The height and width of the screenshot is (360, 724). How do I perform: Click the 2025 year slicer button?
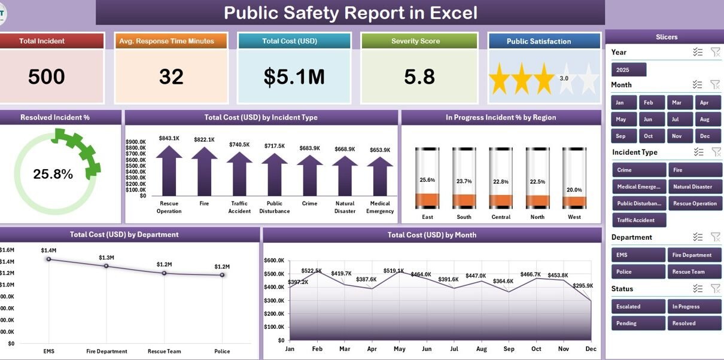tap(629, 69)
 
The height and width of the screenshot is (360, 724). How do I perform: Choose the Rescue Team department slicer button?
tap(694, 271)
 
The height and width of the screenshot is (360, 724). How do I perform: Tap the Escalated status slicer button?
tap(638, 306)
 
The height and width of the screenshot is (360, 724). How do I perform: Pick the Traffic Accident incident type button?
tap(639, 220)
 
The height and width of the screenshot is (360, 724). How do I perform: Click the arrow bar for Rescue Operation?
tap(169, 170)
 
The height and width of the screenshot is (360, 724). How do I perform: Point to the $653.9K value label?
tap(380, 150)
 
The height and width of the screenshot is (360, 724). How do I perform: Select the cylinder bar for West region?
tap(574, 178)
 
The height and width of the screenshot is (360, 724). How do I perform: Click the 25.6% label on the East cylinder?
tap(427, 179)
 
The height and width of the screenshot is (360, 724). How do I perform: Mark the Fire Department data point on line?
tap(107, 266)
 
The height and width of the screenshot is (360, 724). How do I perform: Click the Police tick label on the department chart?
tap(222, 351)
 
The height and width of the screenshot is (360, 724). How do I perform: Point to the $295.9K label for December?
tap(583, 286)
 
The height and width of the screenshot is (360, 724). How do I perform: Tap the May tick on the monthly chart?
tap(400, 349)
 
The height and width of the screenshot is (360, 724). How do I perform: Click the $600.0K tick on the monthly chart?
tap(274, 261)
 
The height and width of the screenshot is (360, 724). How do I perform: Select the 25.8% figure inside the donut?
tap(53, 174)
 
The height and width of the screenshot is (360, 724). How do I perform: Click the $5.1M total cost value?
tap(294, 77)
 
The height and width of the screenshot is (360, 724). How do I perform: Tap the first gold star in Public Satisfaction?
tap(500, 79)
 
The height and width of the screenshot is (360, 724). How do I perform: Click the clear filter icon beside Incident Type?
tap(716, 151)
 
